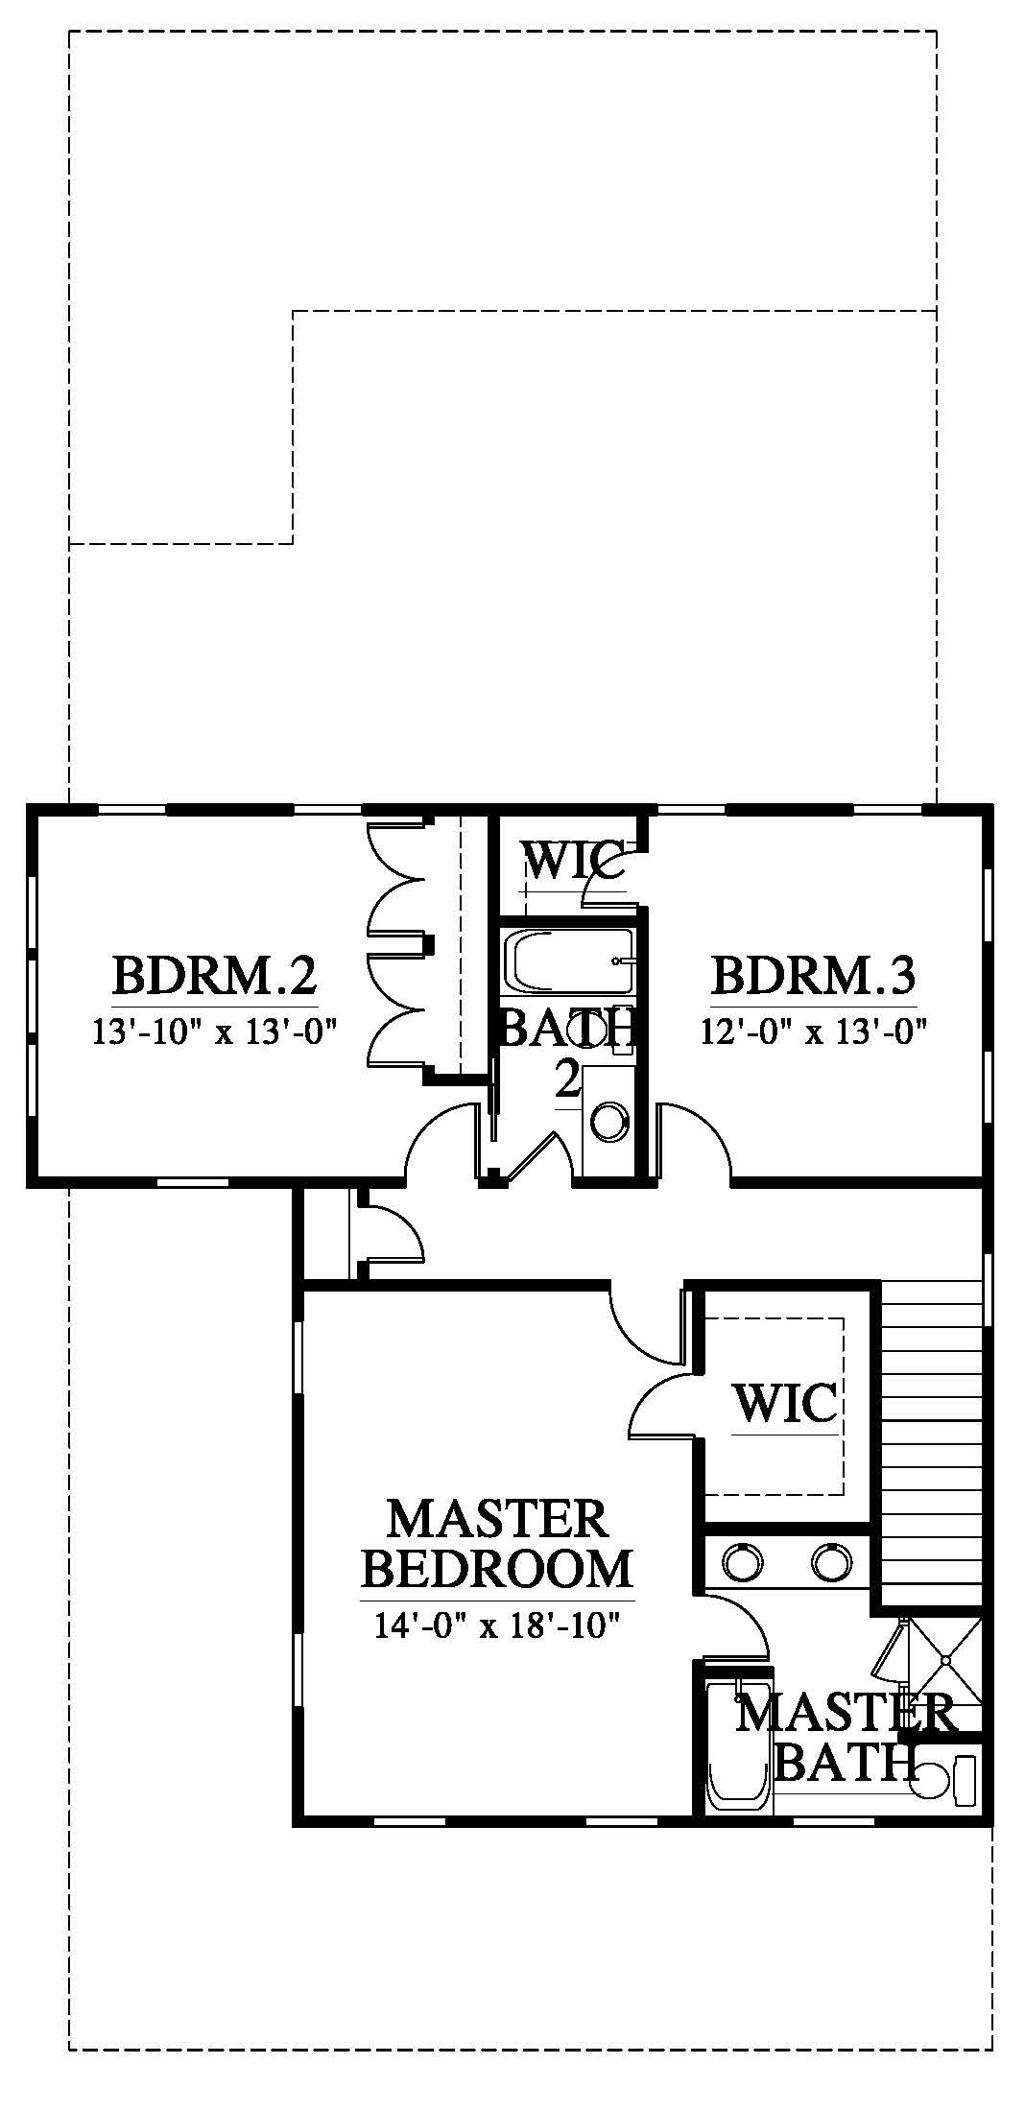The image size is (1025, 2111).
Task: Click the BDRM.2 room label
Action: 214,976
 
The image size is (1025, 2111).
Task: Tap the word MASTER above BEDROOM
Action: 497,1520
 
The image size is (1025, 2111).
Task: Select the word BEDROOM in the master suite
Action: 497,1569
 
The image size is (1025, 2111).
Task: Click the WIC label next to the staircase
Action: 785,1404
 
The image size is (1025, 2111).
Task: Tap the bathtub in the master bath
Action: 738,1746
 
